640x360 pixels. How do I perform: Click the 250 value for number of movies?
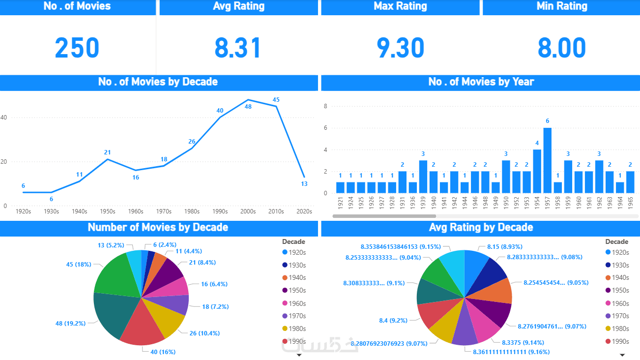click(x=77, y=48)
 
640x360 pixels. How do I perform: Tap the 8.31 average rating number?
click(x=238, y=48)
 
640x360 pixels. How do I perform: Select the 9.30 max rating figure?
click(x=400, y=48)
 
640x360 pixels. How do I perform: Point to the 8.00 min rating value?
click(x=561, y=48)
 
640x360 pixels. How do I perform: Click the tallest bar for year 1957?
click(x=547, y=160)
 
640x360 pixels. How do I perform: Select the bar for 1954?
click(x=537, y=171)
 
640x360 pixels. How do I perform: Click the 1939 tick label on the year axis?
click(x=423, y=204)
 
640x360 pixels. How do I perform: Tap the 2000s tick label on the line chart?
click(x=248, y=211)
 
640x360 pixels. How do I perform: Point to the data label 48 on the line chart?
click(x=248, y=106)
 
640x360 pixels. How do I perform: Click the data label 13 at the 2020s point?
click(x=304, y=184)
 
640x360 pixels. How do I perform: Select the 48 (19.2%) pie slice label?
click(x=70, y=324)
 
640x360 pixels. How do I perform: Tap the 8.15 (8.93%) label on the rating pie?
click(x=504, y=246)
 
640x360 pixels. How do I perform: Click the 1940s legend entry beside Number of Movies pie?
click(x=296, y=278)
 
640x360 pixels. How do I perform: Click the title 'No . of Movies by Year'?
click(x=481, y=82)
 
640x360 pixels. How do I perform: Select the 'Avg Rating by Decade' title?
click(x=481, y=228)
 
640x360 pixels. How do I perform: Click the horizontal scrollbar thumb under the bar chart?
click(x=384, y=216)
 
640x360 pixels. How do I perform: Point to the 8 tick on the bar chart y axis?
click(x=325, y=106)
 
